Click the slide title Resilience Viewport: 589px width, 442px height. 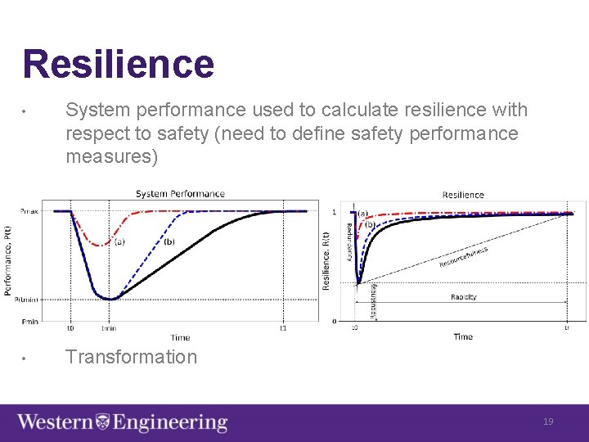[118, 64]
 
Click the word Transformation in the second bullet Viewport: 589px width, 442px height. [131, 357]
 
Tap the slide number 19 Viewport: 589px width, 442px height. [548, 422]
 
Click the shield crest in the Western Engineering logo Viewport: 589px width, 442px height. [103, 422]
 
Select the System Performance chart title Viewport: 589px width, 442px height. [180, 194]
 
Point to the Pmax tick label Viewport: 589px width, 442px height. [29, 211]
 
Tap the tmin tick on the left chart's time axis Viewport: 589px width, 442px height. [109, 329]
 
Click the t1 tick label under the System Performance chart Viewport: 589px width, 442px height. [283, 329]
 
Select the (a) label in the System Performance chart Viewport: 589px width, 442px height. [119, 241]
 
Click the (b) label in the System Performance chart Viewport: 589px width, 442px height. [169, 241]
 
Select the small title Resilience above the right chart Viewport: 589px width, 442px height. [463, 195]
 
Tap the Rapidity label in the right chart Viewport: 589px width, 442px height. [463, 297]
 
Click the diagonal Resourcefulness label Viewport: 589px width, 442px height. [464, 257]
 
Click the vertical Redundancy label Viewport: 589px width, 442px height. [349, 241]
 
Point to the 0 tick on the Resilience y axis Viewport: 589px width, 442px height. [335, 321]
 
